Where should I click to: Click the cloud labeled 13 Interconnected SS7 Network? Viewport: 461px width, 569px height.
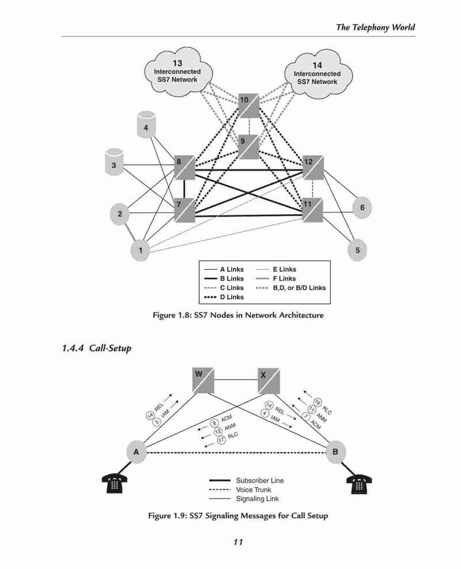[177, 71]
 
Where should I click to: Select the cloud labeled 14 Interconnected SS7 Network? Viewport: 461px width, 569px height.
[318, 74]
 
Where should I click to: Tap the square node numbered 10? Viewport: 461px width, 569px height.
[249, 105]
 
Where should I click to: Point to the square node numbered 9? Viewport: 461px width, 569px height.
[248, 146]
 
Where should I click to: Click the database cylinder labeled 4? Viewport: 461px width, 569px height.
[146, 125]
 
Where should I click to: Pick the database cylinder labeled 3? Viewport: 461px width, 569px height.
[114, 162]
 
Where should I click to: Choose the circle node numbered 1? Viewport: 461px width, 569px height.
[141, 250]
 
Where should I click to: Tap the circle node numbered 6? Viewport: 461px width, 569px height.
[362, 208]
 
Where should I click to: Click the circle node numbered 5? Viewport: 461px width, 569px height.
[357, 250]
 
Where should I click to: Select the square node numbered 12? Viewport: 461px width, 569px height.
[313, 167]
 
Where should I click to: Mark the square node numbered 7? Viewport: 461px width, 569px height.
[184, 210]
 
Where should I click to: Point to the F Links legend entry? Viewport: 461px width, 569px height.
[275, 278]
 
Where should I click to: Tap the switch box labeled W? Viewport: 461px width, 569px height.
[203, 380]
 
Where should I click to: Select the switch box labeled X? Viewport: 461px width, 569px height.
[269, 380]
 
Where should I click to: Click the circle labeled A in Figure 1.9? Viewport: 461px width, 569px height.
[137, 452]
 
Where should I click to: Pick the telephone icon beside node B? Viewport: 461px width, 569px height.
[359, 484]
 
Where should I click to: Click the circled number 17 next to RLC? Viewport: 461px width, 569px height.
[221, 440]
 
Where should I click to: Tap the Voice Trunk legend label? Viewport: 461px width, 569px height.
[254, 489]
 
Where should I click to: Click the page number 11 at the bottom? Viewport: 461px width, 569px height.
[238, 542]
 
